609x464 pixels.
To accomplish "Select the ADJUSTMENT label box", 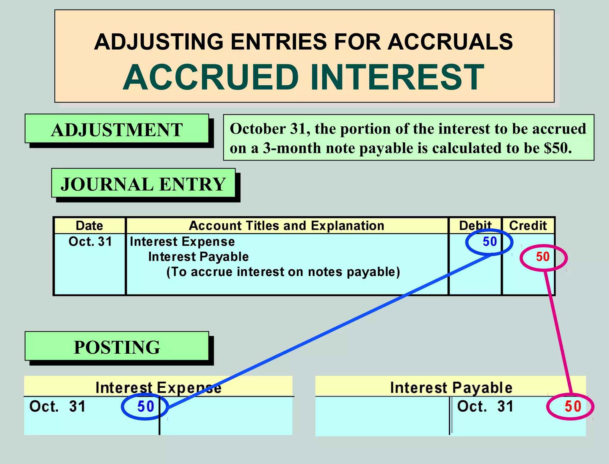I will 117,130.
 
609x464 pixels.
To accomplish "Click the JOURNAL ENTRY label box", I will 143,184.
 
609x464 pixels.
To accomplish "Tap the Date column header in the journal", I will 90,226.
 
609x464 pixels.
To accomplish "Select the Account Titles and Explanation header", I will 287,226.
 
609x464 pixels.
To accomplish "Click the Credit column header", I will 528,226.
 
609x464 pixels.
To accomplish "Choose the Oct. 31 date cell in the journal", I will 90,242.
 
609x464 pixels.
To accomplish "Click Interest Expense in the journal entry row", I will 182,242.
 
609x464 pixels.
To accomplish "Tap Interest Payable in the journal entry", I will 198,257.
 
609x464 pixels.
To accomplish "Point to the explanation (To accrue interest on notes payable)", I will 283,272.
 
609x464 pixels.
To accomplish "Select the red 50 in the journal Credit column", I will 543,257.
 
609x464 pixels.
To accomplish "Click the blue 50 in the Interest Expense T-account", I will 145,407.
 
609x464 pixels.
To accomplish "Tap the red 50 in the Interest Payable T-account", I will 573,407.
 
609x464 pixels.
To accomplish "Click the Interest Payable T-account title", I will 451,388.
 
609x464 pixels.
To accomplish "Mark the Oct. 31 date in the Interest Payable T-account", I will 485,407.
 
